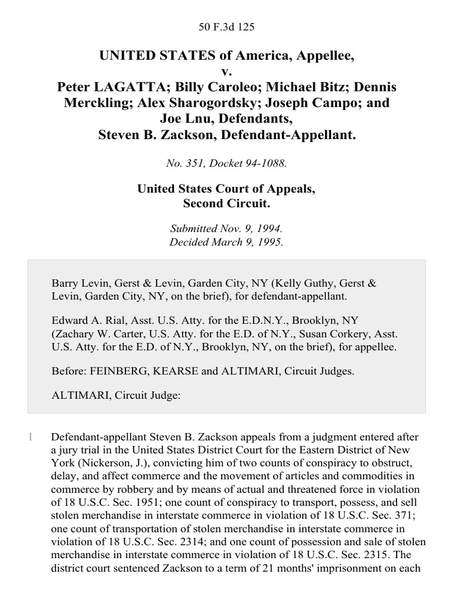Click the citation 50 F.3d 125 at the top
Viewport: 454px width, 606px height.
coord(226,27)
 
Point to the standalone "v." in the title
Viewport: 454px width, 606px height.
coord(227,71)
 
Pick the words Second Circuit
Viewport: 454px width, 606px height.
coord(227,205)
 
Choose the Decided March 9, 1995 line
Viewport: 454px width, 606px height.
coord(227,241)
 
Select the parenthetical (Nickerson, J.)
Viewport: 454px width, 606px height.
coord(102,463)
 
